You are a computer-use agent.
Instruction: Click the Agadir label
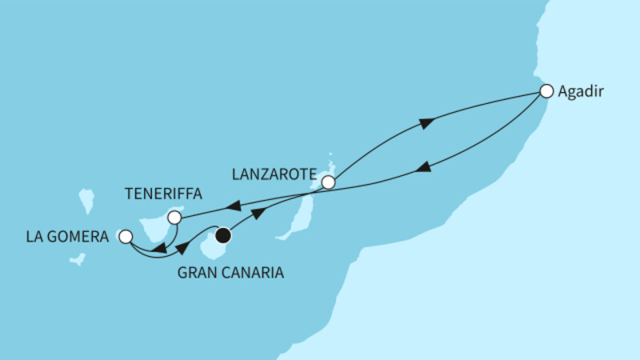coord(581,92)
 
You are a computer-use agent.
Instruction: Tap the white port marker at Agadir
coord(546,91)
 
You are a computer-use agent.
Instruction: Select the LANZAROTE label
coord(274,174)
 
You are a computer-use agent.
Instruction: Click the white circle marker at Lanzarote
coord(328,182)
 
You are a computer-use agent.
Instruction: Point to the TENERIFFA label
coord(163,194)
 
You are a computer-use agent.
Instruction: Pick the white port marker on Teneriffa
coord(174,218)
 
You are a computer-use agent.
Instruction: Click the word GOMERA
coord(81,237)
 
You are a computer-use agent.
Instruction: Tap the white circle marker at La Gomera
coord(126,237)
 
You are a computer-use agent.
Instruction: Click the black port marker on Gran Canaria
coord(223,235)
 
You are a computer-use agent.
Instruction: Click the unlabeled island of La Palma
coord(87,201)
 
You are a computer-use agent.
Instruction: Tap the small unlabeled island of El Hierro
coord(78,259)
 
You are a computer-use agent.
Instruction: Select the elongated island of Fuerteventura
coord(295,218)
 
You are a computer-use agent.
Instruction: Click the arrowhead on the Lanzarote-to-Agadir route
coord(426,123)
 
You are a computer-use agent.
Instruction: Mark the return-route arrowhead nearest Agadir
coord(424,167)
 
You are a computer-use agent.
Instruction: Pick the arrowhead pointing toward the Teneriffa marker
coord(233,206)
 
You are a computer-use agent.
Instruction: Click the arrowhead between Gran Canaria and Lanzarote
coord(258,214)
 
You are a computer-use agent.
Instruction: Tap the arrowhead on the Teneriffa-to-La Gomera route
coord(158,248)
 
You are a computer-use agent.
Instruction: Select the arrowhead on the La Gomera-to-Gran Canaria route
coord(183,247)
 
